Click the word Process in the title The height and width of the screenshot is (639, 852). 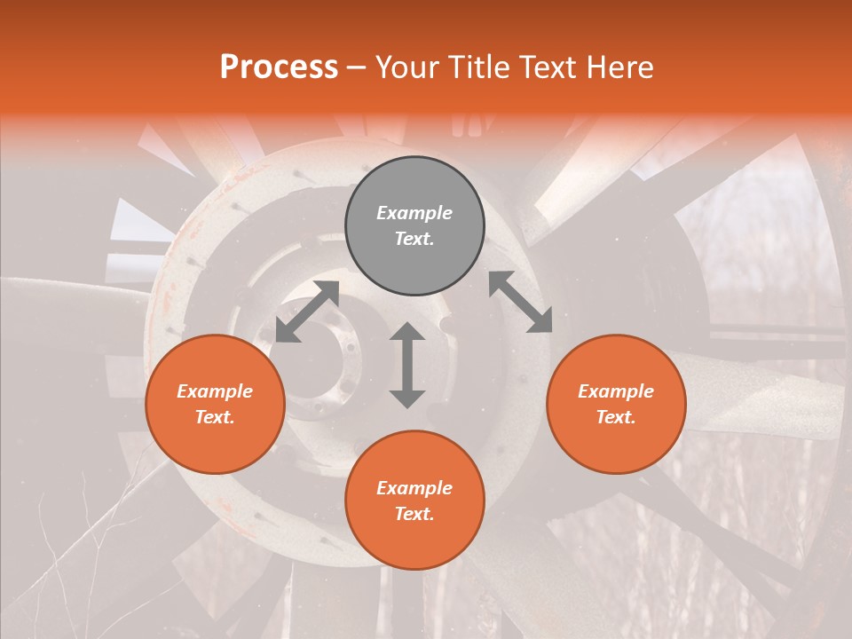[x=279, y=67]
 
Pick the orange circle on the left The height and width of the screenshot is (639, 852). [x=215, y=404]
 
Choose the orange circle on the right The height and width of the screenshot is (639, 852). [x=616, y=404]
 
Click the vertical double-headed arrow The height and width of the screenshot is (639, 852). [x=407, y=365]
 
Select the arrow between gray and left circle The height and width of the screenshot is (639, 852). [x=307, y=311]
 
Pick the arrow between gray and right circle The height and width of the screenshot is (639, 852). [x=521, y=303]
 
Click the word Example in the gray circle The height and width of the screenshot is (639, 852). [x=414, y=213]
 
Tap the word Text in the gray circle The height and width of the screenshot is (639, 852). [x=414, y=239]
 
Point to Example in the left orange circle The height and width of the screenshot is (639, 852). [x=215, y=391]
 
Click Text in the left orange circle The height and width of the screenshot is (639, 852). [x=215, y=417]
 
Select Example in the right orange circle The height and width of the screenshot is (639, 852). [x=616, y=391]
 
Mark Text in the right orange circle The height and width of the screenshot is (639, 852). [x=616, y=417]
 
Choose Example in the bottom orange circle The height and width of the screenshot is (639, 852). [x=414, y=488]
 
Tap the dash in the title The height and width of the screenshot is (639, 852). [x=356, y=67]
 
